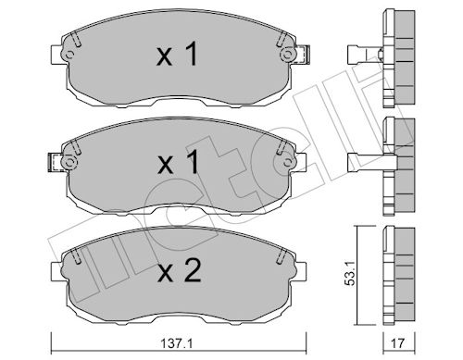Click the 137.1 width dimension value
(x=177, y=343)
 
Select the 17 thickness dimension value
(x=398, y=343)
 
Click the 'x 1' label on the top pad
(x=177, y=55)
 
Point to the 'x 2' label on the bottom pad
(x=180, y=270)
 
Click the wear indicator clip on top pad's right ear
(x=303, y=55)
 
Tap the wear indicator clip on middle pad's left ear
(x=56, y=163)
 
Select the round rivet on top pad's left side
(x=69, y=56)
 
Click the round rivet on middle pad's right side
(x=287, y=162)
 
